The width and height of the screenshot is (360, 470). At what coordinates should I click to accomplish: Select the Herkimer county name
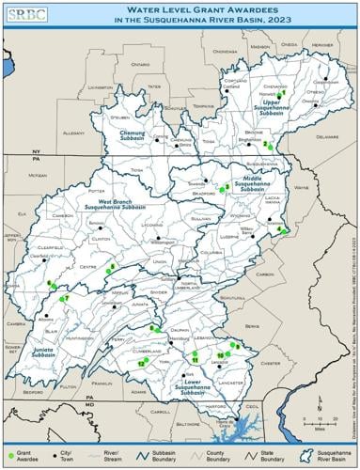[x=321, y=44]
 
